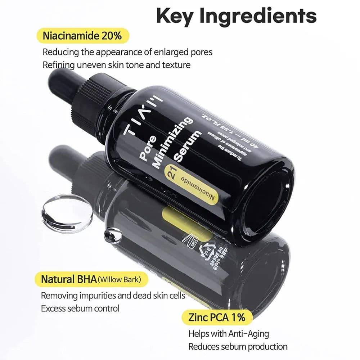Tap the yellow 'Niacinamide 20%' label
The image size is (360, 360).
[82, 36]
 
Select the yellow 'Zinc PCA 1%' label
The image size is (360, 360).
[217, 317]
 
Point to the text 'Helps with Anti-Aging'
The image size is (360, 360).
[229, 334]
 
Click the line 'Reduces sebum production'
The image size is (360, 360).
[238, 347]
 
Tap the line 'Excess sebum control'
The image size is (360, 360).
[80, 309]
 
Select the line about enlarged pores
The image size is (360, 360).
[127, 52]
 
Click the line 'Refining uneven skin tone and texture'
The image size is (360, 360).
[116, 65]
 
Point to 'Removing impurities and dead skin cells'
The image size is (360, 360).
[113, 296]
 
